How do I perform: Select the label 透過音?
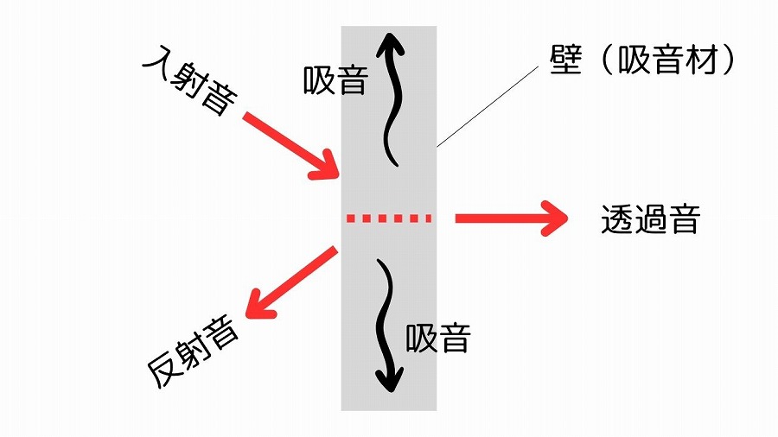point(650,221)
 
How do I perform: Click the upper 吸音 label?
point(336,81)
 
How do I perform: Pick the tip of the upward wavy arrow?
point(390,38)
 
